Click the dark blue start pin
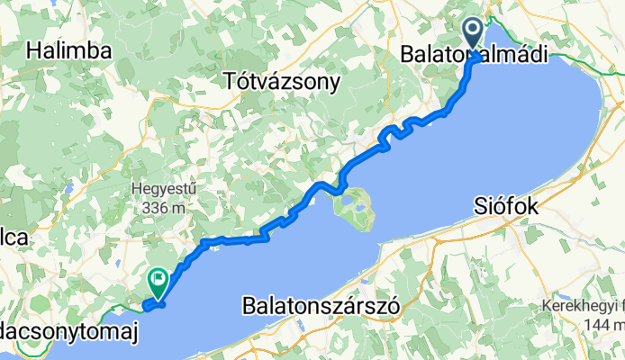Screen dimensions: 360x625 (x=473, y=35)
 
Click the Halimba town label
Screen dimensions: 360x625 (x=68, y=51)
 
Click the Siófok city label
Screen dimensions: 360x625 (x=506, y=207)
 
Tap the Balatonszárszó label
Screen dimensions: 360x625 (x=321, y=306)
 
